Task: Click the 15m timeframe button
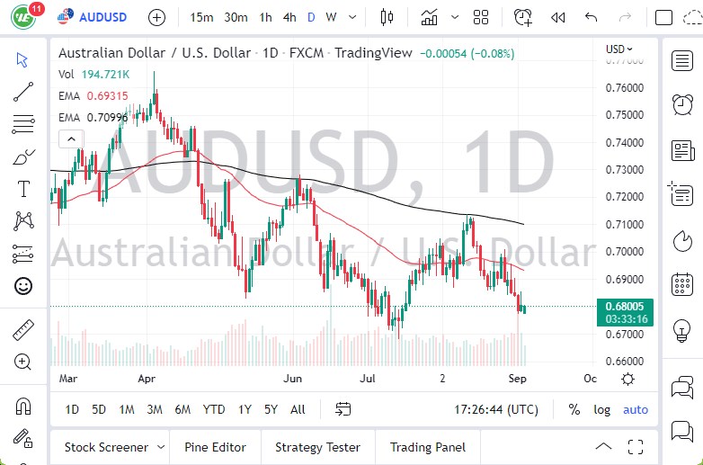202,17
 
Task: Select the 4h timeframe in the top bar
289,17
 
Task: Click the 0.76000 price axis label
624,88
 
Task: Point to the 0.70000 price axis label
624,251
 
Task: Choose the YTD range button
213,409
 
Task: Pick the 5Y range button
271,409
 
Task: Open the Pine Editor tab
215,447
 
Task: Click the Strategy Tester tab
317,447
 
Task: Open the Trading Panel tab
427,447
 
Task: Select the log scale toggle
601,409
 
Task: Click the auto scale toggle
636,409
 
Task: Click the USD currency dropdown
619,49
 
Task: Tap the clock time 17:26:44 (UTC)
497,409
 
